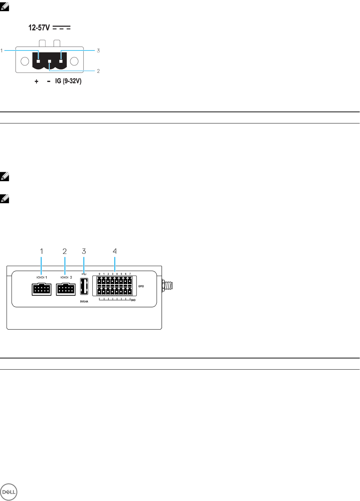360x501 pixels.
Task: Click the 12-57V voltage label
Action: pos(39,28)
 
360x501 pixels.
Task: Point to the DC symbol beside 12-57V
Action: pos(62,28)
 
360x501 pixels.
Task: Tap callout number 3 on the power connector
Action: pos(98,51)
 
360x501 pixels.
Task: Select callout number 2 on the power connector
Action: pos(98,71)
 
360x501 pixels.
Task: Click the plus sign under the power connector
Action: pos(36,82)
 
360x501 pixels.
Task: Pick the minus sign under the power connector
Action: pos(49,82)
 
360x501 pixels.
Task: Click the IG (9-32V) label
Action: pos(68,81)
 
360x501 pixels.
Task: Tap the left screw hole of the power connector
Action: pos(25,61)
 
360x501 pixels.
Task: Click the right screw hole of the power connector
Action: pos(74,61)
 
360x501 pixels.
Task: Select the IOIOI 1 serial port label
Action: pos(42,277)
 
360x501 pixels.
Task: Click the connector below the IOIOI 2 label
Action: pos(66,289)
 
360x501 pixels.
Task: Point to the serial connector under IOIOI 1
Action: pos(42,289)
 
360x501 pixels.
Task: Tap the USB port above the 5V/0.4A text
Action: pos(84,287)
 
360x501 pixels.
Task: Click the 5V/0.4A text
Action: pos(84,301)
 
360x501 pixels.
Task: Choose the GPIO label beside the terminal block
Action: pos(141,286)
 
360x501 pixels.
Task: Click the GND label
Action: pos(133,300)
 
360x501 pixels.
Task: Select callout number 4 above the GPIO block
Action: pos(115,251)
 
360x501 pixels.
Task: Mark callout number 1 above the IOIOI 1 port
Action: pos(42,251)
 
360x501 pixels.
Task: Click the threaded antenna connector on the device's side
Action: pos(168,286)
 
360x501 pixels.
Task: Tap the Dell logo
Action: pos(9,492)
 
